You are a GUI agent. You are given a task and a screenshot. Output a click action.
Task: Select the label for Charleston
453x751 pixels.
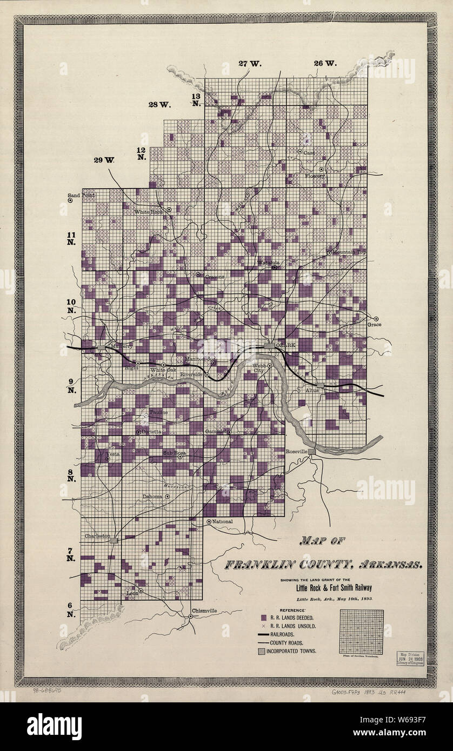[97, 536]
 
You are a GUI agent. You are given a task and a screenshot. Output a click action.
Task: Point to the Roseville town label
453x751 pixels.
[296, 451]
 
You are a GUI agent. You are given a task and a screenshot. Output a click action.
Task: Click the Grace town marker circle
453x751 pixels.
[376, 318]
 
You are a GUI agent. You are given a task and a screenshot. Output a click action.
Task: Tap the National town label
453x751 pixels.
[222, 521]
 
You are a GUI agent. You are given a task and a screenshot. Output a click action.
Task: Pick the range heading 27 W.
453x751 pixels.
[249, 64]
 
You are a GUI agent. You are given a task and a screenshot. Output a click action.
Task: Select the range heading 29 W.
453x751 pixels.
[104, 160]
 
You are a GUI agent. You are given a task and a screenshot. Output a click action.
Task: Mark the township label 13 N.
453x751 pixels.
[195, 99]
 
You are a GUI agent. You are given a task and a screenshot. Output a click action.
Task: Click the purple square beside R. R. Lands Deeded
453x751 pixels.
[263, 617]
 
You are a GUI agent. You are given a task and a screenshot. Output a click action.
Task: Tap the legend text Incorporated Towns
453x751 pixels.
[292, 651]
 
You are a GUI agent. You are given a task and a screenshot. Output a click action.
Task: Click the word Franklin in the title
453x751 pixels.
[258, 566]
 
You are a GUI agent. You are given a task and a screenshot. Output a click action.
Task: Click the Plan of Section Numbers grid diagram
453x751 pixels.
[361, 632]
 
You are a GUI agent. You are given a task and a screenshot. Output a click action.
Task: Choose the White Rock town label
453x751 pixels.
[148, 212]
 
